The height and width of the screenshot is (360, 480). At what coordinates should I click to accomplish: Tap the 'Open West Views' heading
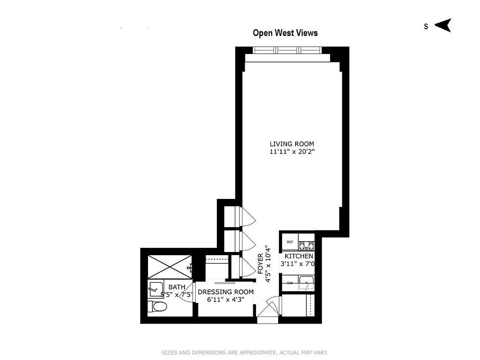point(285,33)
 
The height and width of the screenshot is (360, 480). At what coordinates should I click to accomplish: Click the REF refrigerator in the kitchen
point(290,242)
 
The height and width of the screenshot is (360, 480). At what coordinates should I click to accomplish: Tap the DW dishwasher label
point(290,283)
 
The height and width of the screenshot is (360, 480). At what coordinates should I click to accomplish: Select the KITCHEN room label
point(299,256)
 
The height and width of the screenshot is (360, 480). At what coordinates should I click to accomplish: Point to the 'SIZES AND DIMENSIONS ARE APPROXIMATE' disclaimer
point(245,352)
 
